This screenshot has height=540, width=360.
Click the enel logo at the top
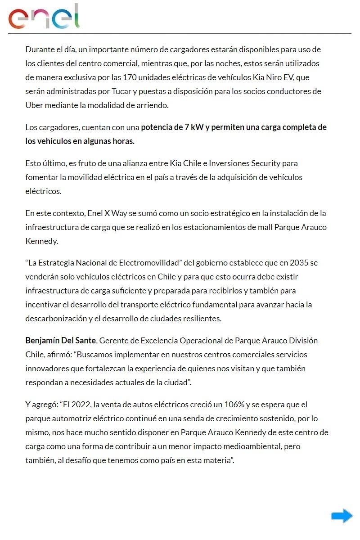(44, 17)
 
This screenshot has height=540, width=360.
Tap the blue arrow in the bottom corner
(342, 516)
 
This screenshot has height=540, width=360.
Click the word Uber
(34, 105)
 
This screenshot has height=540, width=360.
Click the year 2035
(299, 263)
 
